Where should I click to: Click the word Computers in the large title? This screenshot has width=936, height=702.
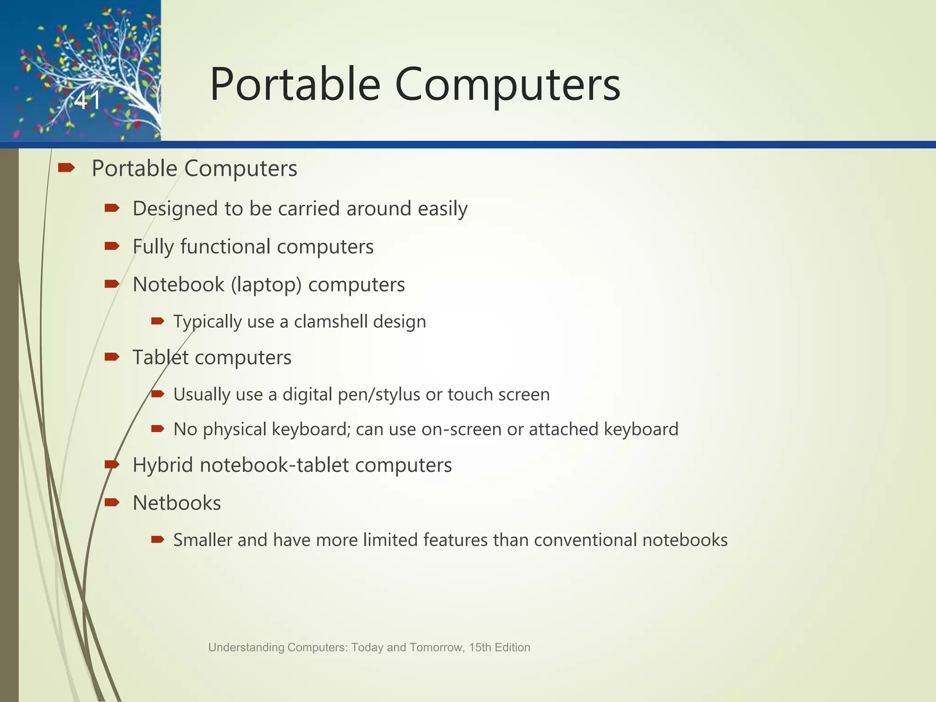click(x=507, y=85)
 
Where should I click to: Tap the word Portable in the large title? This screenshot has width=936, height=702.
click(x=295, y=85)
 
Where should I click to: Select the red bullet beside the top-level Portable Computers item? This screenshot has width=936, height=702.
click(x=66, y=168)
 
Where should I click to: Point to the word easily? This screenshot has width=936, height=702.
click(x=442, y=209)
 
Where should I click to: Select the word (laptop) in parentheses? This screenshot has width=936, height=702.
click(x=266, y=285)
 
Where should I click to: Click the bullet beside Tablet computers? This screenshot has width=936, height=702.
click(x=112, y=356)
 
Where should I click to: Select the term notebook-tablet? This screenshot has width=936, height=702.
click(x=274, y=465)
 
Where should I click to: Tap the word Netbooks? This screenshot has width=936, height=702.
click(x=177, y=503)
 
